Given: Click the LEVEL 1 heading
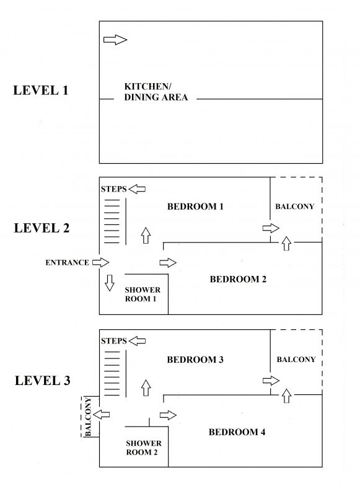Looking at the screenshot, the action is pyautogui.click(x=41, y=91).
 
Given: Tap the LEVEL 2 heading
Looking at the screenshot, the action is pyautogui.click(x=42, y=228).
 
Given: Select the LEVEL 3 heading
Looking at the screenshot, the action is pyautogui.click(x=43, y=381).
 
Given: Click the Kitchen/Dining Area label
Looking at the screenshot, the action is pyautogui.click(x=156, y=92).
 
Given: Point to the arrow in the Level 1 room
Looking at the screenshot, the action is pyautogui.click(x=115, y=40).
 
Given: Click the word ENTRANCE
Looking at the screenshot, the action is pyautogui.click(x=67, y=262).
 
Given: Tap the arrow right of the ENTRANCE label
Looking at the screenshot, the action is pyautogui.click(x=100, y=262).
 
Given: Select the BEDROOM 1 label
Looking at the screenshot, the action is pyautogui.click(x=195, y=206).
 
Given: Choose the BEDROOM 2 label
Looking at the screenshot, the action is pyautogui.click(x=238, y=279).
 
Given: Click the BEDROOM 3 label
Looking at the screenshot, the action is pyautogui.click(x=195, y=360).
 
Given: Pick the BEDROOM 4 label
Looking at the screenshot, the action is pyautogui.click(x=237, y=432).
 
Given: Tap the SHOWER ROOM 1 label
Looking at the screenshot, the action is pyautogui.click(x=143, y=294).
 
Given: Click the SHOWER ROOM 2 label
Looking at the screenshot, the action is pyautogui.click(x=144, y=448).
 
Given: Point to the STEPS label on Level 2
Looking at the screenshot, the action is pyautogui.click(x=114, y=189).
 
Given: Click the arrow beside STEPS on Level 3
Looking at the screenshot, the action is pyautogui.click(x=138, y=341).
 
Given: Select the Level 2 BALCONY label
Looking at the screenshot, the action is pyautogui.click(x=294, y=206).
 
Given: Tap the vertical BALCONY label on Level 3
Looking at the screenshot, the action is pyautogui.click(x=88, y=417).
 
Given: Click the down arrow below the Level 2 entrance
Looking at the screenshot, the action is pyautogui.click(x=109, y=283).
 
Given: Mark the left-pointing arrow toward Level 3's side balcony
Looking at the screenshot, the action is pyautogui.click(x=102, y=414).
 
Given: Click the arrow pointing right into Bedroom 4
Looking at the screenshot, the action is pyautogui.click(x=168, y=415).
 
